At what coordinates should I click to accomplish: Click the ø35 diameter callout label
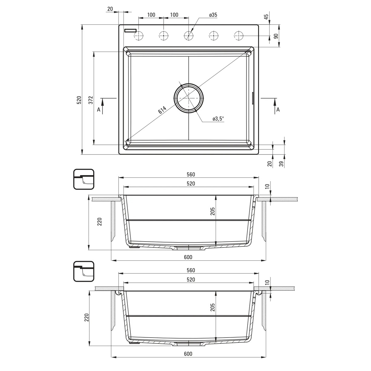click(x=213, y=15)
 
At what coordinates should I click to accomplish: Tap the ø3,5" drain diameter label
click(x=218, y=119)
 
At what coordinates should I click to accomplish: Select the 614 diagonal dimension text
click(x=162, y=110)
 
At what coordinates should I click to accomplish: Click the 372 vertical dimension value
click(x=91, y=100)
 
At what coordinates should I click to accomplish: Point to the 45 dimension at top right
click(x=266, y=17)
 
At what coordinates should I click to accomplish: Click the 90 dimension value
click(x=276, y=36)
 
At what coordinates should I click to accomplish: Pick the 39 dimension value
click(x=281, y=164)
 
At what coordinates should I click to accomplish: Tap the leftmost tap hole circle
click(x=139, y=36)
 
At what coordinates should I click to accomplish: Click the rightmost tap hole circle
click(x=238, y=36)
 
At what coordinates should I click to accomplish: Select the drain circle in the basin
click(x=189, y=98)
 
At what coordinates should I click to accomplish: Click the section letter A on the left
click(x=99, y=110)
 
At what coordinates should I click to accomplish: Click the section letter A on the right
click(x=278, y=110)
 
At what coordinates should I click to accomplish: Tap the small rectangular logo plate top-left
click(x=130, y=31)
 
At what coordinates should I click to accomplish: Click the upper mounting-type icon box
click(x=84, y=179)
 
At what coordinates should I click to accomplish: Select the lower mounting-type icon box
click(x=84, y=271)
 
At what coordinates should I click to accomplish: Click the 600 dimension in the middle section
click(x=188, y=257)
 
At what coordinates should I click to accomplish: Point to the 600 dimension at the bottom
click(x=188, y=354)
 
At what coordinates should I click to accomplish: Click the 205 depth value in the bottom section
click(x=212, y=307)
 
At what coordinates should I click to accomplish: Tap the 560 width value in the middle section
click(x=191, y=174)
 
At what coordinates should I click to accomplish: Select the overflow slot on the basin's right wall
click(x=253, y=98)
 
